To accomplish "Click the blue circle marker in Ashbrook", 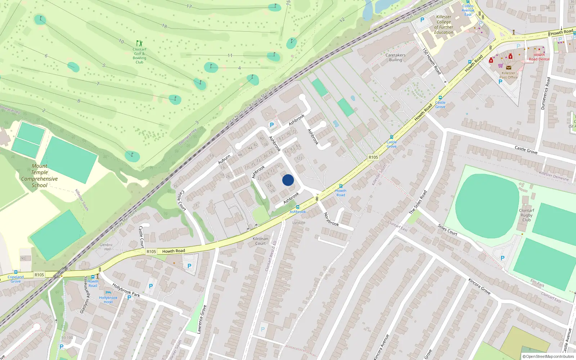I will [288, 180].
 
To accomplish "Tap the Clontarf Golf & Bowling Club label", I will [139, 55].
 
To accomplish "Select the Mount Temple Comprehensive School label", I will [39, 176].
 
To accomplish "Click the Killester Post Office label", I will [508, 75].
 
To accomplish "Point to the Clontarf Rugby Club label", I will [526, 215].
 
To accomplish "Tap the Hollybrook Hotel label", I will [108, 300].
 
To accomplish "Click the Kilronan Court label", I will [260, 241].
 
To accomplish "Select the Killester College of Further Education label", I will [444, 24].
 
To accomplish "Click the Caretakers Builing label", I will [395, 58].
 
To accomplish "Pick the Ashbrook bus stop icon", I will [298, 207].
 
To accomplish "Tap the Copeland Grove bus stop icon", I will [15, 272].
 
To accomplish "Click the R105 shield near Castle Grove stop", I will [373, 157].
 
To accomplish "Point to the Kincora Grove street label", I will [479, 286].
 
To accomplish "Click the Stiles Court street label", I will [447, 230].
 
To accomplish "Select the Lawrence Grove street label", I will [202, 319].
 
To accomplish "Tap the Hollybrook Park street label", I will [126, 290].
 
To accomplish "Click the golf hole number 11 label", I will [230, 55].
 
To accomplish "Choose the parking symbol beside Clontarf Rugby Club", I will [503, 258].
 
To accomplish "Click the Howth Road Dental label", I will [539, 57].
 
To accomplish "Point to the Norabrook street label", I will [331, 219].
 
